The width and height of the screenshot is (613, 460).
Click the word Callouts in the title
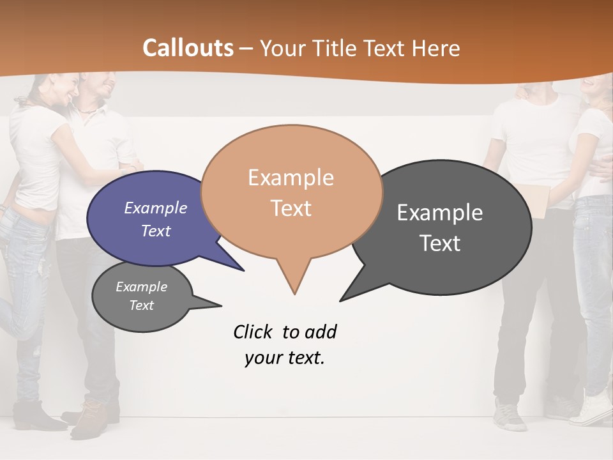188,48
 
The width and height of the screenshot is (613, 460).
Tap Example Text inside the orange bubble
291,193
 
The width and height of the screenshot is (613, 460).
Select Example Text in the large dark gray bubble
441,227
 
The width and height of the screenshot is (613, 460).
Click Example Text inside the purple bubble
156,219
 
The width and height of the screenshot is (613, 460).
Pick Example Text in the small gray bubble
141,296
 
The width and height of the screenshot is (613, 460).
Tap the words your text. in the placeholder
285,358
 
